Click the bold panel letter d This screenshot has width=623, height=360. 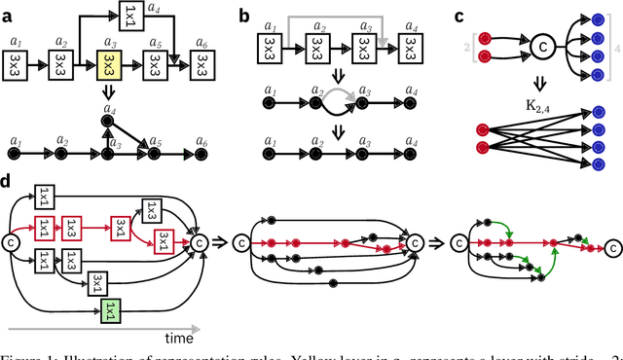tap(7, 180)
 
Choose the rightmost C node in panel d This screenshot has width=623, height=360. tap(199, 241)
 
